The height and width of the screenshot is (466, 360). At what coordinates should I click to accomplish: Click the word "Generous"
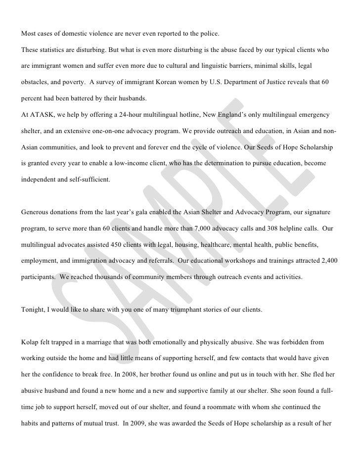pos(36,212)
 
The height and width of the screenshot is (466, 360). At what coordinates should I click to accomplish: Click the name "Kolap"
pos(31,342)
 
